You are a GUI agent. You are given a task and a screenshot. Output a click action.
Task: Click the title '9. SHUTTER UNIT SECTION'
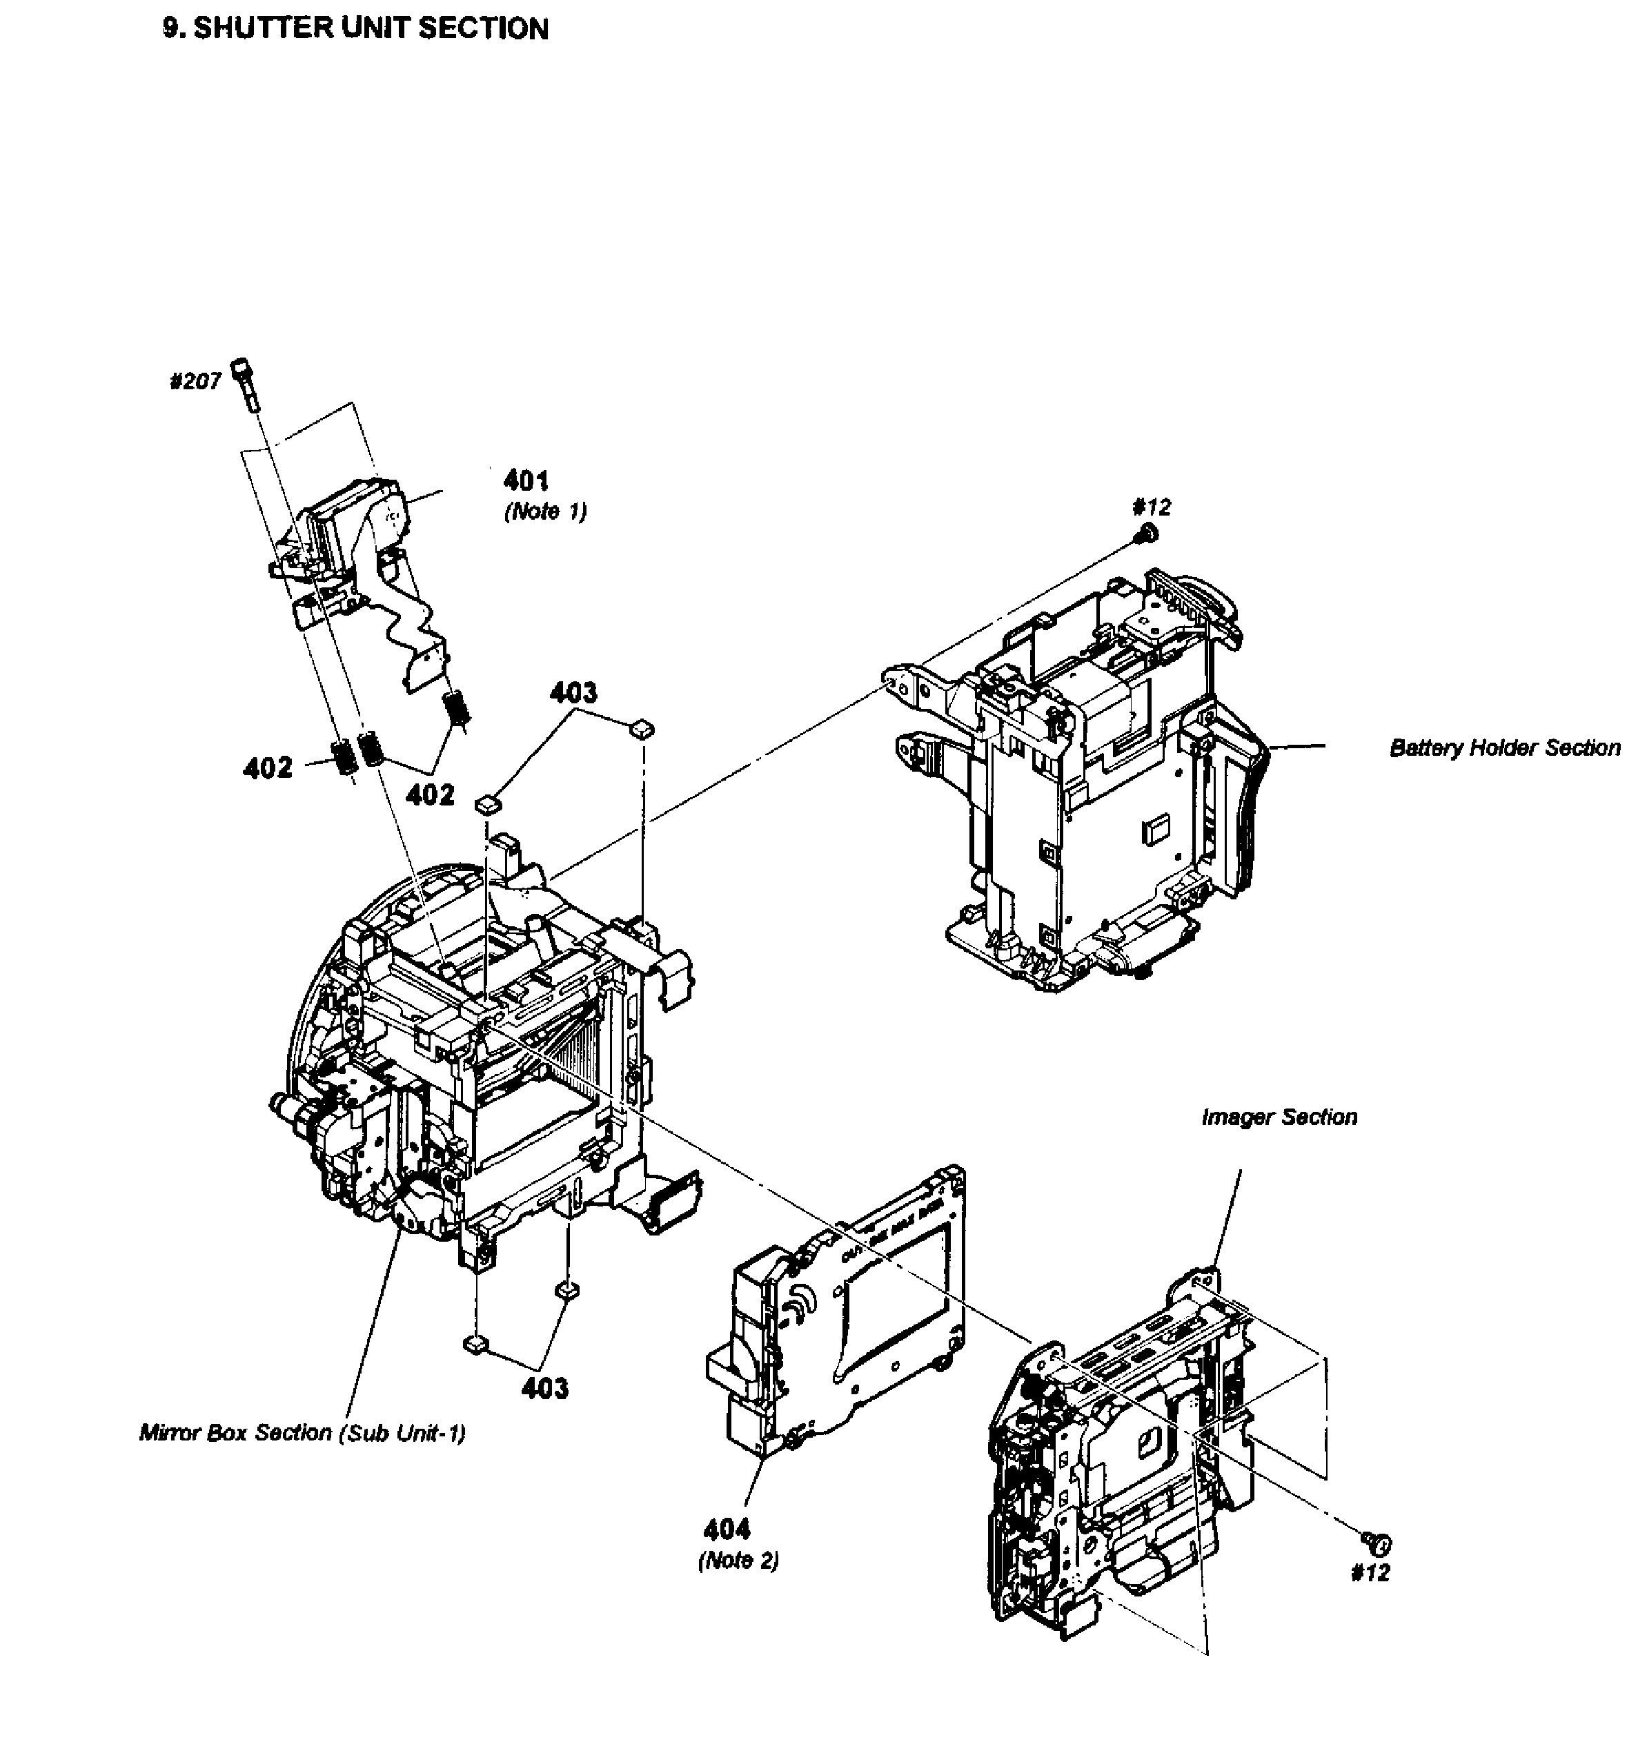click(355, 28)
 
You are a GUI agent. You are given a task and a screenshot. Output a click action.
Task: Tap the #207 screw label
click(195, 381)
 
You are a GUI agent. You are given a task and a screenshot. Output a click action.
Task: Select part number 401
click(526, 480)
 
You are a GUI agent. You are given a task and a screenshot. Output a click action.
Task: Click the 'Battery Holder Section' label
click(1505, 748)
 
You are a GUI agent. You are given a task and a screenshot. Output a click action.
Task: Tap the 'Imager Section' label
click(1279, 1117)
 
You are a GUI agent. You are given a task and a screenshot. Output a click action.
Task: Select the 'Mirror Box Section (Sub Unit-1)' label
click(302, 1433)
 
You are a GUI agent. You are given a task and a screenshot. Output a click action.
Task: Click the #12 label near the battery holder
click(1151, 507)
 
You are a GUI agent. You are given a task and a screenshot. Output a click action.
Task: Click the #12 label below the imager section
click(1370, 1572)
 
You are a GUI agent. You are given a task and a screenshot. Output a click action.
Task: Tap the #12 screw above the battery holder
click(1147, 532)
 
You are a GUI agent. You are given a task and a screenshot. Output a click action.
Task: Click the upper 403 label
click(574, 692)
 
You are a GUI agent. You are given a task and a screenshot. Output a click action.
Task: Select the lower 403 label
click(544, 1388)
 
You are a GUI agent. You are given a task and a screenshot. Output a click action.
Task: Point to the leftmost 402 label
click(268, 767)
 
